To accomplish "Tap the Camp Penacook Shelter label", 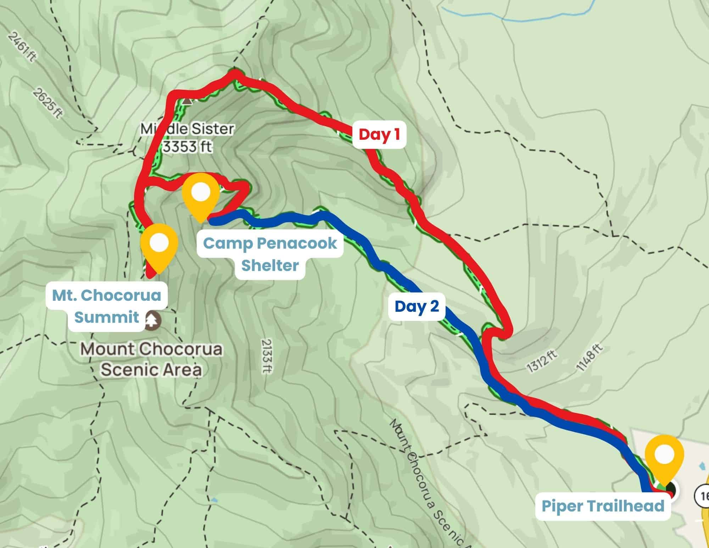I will [270, 254].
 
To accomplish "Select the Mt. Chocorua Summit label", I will [106, 306].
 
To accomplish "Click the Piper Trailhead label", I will [603, 506].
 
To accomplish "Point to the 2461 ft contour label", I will [22, 47].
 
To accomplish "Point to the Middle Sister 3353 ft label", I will [187, 138].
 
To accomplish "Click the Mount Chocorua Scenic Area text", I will [152, 359].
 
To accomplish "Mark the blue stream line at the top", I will [496, 18].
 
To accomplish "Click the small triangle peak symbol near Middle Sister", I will [187, 101].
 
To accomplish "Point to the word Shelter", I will [270, 265].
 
